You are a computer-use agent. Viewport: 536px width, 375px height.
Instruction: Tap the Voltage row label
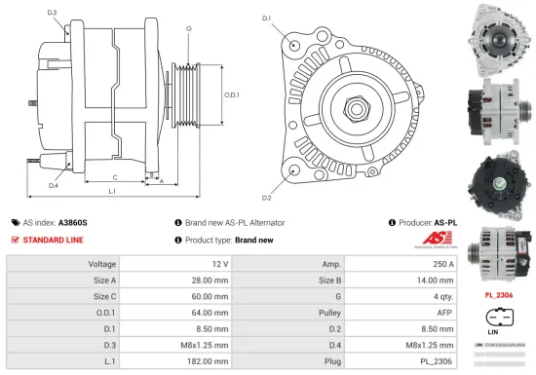(102, 264)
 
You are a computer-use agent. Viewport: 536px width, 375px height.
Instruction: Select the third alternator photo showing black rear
(500, 179)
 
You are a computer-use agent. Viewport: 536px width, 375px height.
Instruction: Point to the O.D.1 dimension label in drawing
(231, 95)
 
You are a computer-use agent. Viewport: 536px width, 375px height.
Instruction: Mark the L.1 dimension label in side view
(112, 191)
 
